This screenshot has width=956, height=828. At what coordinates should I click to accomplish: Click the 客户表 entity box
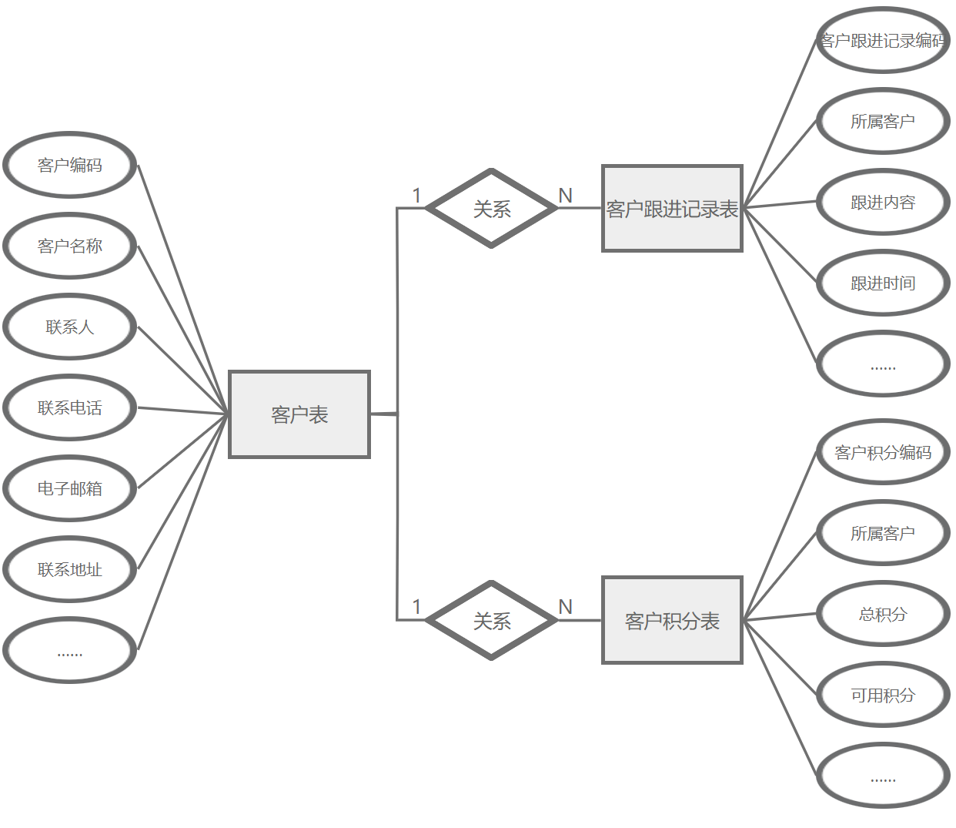[x=299, y=414]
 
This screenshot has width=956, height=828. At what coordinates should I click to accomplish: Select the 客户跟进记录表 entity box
[x=672, y=209]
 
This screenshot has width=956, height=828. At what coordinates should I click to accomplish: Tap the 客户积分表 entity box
[x=672, y=620]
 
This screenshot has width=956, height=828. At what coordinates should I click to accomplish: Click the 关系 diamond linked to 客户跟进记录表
[x=492, y=209]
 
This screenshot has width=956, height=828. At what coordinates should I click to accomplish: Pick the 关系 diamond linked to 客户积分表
[x=492, y=620]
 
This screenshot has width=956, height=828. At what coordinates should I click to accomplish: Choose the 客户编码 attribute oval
[x=70, y=165]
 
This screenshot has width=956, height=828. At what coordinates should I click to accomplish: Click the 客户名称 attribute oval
[x=70, y=246]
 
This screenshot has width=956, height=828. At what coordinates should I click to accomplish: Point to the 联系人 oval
[x=70, y=327]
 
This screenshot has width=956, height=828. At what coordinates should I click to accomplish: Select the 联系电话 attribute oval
[x=70, y=407]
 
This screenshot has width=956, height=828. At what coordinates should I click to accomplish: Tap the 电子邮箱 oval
[x=70, y=488]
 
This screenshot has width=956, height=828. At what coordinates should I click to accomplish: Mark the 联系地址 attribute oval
[x=70, y=569]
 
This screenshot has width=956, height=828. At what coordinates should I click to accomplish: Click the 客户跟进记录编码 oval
[x=883, y=40]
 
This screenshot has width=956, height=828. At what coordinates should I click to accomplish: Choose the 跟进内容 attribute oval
[x=883, y=202]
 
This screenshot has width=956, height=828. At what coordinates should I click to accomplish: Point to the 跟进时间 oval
[x=883, y=283]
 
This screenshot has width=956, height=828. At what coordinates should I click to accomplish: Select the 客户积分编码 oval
[x=883, y=452]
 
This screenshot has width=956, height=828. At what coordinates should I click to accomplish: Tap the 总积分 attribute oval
[x=883, y=614]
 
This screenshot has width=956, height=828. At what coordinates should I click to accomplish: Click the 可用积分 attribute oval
[x=883, y=695]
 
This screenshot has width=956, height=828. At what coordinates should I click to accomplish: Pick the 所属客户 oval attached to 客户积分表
[x=883, y=533]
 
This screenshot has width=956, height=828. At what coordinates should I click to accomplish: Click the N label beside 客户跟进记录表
[x=566, y=196]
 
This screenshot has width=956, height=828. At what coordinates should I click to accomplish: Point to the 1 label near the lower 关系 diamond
[x=416, y=607]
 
